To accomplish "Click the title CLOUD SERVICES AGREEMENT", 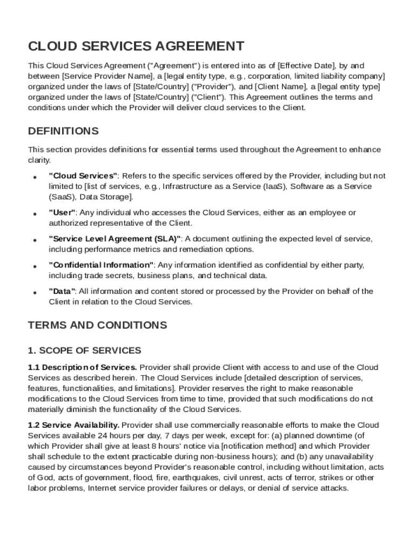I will point(136,46).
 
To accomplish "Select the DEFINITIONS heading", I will point(63,131).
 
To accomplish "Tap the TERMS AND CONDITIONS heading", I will point(97,325).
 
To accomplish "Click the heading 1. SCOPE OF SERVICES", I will point(84,350).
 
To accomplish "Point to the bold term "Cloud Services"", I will point(83,176).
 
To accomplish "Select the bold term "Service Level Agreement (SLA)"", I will point(115,239).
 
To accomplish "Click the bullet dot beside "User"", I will point(34,214).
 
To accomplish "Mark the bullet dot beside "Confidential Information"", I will point(34,266).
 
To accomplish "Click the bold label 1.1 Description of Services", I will point(82,368).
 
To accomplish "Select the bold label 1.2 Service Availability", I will point(73,425).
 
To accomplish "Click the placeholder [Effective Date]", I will point(304,66).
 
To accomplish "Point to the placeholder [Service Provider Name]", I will point(105,76).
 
